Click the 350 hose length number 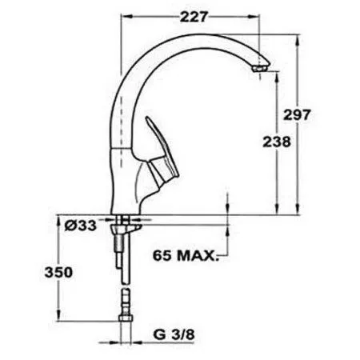point(59,271)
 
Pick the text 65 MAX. point(185,258)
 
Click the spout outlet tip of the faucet point(258,70)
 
